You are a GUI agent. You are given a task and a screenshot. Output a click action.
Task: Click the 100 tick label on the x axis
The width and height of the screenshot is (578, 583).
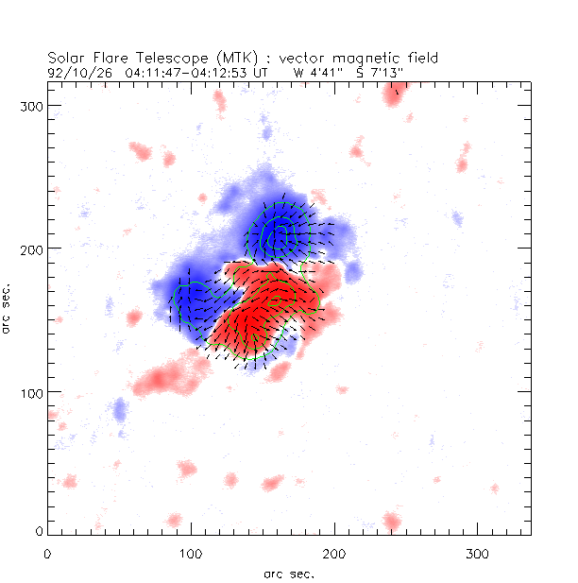(x=191, y=553)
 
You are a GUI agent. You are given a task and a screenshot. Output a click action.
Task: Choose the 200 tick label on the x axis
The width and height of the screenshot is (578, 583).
(x=334, y=553)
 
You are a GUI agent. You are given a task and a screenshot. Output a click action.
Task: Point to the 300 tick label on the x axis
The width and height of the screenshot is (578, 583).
(x=478, y=553)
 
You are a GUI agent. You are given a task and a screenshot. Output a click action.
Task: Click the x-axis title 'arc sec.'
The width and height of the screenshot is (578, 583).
(x=289, y=573)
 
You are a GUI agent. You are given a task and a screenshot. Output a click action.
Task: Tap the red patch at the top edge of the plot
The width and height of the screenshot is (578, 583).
(x=396, y=92)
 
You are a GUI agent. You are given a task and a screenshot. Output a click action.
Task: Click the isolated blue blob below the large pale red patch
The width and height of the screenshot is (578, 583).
(x=119, y=411)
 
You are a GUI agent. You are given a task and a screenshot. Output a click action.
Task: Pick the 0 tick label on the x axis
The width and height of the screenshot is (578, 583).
(x=47, y=553)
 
